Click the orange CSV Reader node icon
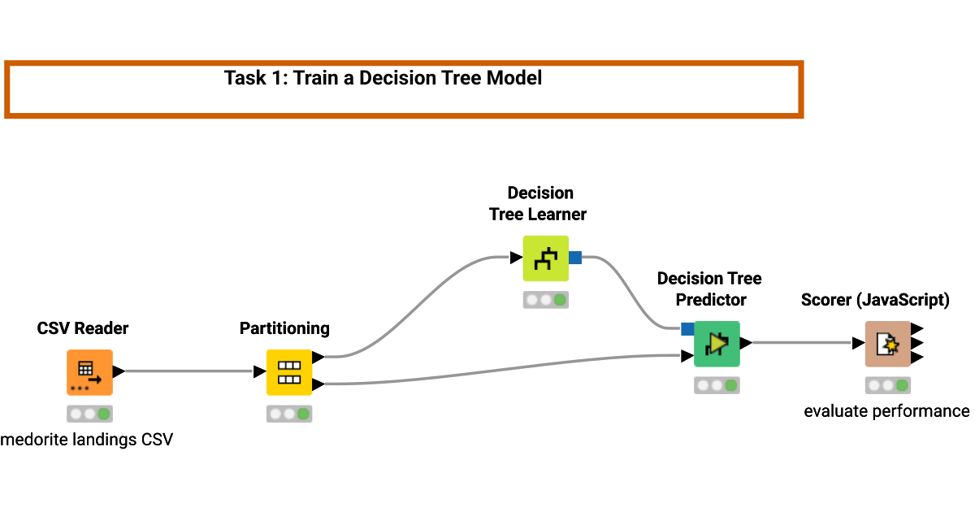[x=89, y=372]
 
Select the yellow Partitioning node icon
[x=289, y=372]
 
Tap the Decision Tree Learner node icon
[x=545, y=258]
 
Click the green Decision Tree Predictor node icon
[x=717, y=344]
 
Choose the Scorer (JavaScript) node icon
[x=887, y=344]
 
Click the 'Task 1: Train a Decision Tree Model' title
[x=383, y=78]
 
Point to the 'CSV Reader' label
[x=83, y=328]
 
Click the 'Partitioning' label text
[x=284, y=328]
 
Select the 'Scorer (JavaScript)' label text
[x=875, y=300]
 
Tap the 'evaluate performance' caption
[x=886, y=411]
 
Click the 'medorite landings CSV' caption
[x=87, y=440]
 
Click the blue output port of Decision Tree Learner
[x=575, y=258]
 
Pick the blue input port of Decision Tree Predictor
[x=687, y=329]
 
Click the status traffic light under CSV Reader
[x=89, y=414]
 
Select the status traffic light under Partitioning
[x=289, y=414]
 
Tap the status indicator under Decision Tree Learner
[x=545, y=300]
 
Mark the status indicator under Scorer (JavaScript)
[x=887, y=385]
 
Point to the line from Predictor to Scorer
[x=804, y=343]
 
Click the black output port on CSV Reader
[x=119, y=371]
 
